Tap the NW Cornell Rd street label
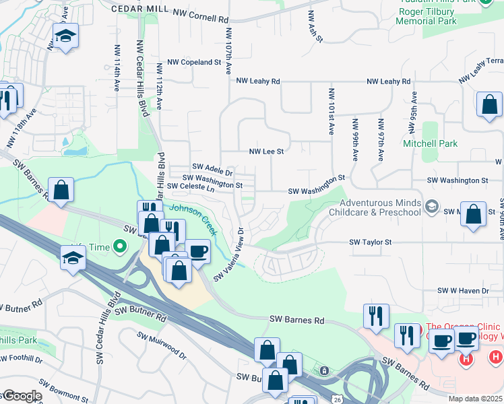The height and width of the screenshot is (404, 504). [200, 13]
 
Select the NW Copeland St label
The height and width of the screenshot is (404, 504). [195, 62]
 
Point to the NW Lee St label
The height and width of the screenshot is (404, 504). [266, 152]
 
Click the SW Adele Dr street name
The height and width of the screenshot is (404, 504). [212, 166]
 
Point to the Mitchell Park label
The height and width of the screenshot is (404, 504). [430, 143]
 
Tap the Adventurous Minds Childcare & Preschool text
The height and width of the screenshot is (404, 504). [380, 207]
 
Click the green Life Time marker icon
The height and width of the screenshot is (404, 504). [120, 247]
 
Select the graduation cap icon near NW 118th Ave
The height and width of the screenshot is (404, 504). [65, 36]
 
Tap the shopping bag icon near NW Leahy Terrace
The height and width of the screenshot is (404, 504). [489, 104]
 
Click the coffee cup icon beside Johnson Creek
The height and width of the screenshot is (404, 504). [197, 252]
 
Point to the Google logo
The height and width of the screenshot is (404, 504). [22, 396]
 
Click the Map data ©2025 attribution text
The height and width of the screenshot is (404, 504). [475, 399]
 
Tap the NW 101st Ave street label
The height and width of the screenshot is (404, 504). [332, 112]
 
